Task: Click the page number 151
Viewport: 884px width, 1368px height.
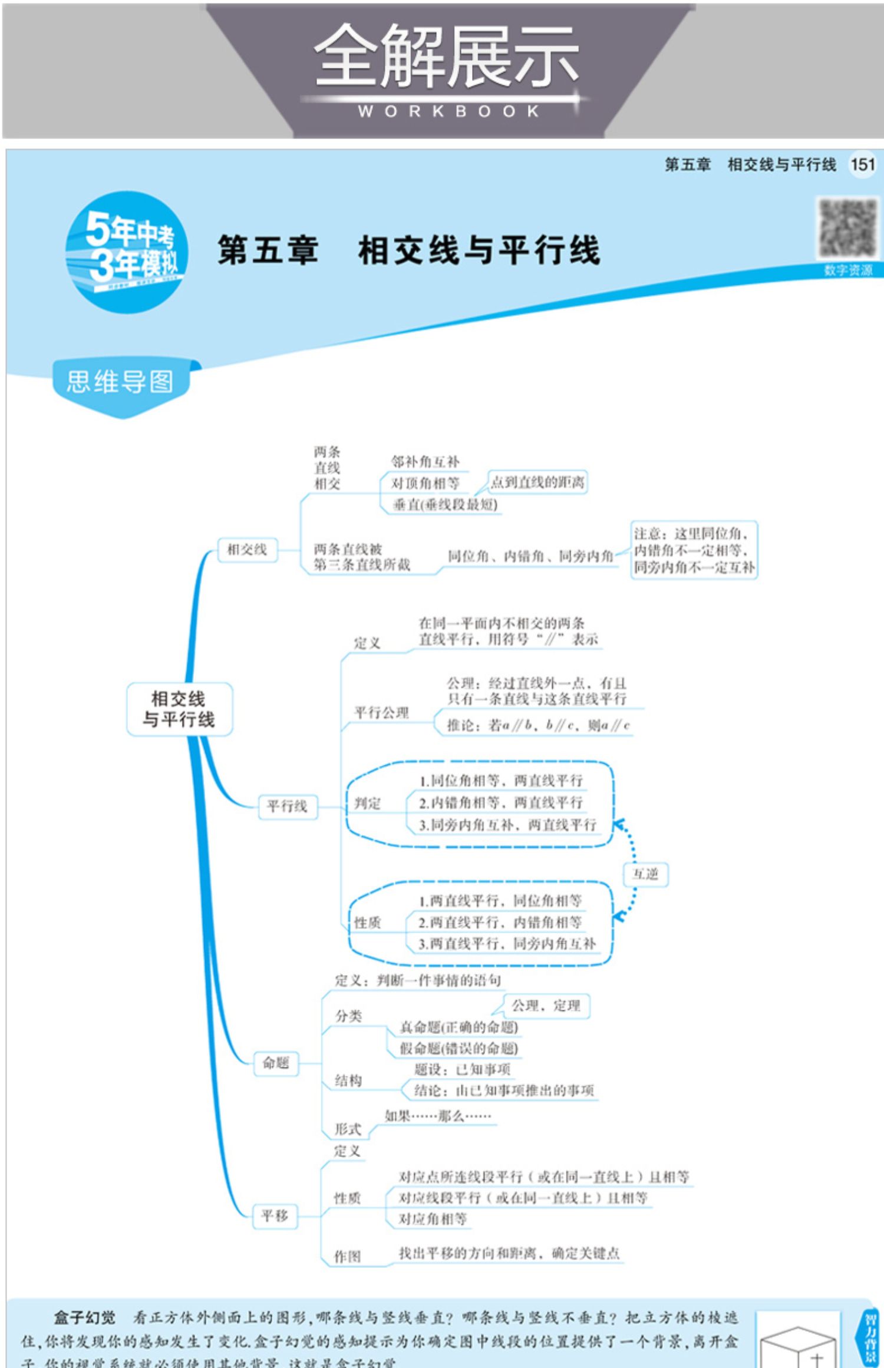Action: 862,164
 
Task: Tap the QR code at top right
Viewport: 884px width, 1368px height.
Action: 847,228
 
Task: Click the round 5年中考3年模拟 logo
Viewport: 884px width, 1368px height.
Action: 127,252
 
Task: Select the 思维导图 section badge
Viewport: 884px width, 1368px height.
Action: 120,382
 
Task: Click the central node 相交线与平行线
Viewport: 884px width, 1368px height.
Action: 179,709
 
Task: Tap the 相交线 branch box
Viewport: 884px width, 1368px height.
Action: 247,550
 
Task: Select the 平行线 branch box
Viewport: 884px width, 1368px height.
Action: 288,806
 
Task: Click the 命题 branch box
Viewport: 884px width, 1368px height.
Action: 276,1062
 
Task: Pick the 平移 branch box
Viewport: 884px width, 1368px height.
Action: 275,1215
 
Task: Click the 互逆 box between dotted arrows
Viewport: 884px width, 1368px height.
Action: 645,874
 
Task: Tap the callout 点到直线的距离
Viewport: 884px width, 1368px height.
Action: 537,483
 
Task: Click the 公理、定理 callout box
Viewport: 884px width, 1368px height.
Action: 546,1006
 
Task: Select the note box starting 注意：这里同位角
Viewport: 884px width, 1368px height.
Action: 694,550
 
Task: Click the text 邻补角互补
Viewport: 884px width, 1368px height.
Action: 425,462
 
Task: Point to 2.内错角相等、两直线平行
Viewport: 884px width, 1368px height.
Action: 500,802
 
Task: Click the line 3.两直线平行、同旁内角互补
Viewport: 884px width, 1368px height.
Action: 507,943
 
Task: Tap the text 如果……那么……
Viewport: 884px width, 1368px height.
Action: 437,1115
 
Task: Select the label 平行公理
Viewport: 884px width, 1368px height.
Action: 381,713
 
